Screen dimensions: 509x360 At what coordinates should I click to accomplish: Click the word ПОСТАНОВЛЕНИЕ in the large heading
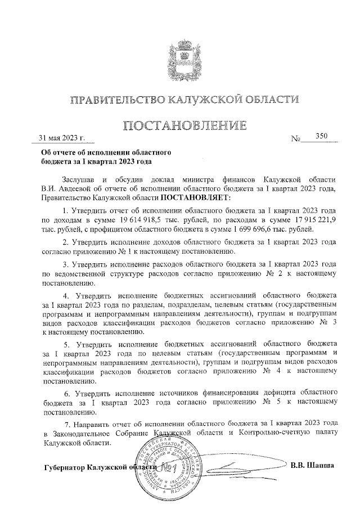[180, 125]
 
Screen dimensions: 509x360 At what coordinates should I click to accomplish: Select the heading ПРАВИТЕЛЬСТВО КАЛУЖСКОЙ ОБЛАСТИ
[180, 100]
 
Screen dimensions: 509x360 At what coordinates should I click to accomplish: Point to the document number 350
[322, 136]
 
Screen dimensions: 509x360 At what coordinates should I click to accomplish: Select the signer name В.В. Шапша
[313, 465]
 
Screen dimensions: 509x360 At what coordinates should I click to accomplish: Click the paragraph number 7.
[67, 424]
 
